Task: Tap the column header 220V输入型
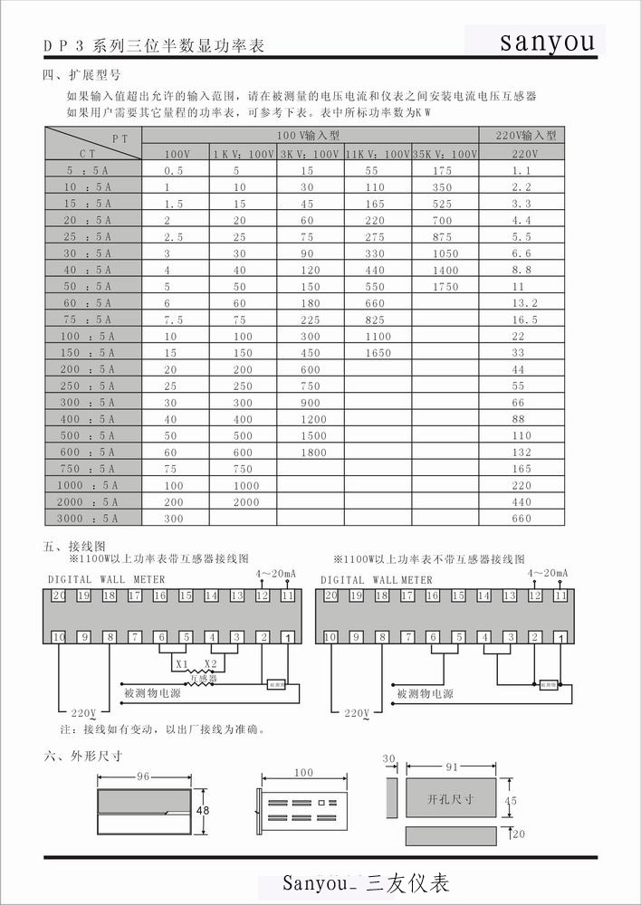(x=526, y=135)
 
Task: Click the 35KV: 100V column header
(x=445, y=154)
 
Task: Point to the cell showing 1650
(x=378, y=353)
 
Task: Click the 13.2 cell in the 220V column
(x=524, y=303)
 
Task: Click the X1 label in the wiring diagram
(x=182, y=665)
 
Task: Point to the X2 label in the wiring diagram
(x=210, y=665)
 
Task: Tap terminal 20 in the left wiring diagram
(x=59, y=595)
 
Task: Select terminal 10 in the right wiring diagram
(x=330, y=637)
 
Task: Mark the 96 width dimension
(x=143, y=776)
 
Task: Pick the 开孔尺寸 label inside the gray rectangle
(x=450, y=800)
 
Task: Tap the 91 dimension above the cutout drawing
(x=450, y=766)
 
